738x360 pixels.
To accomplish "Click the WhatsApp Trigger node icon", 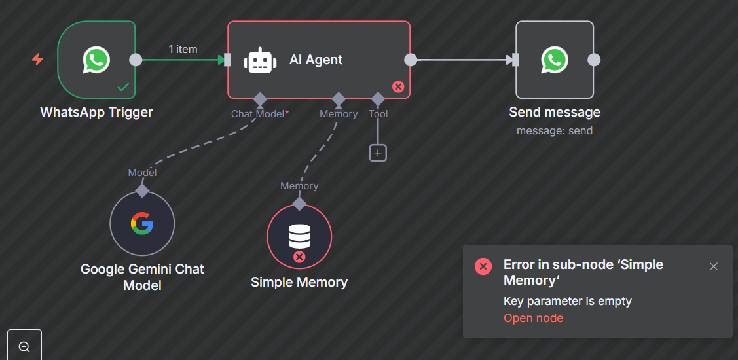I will (96, 60).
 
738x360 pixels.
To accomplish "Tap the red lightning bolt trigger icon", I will (38, 60).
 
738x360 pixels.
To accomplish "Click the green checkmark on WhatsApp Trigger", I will (122, 86).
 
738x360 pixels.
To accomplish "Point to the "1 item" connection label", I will (183, 49).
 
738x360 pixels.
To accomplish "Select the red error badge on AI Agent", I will (398, 86).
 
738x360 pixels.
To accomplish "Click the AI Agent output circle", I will (411, 60).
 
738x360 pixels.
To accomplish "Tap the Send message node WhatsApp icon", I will (554, 60).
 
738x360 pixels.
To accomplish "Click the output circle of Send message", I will (594, 60).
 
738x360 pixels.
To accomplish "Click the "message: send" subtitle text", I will (554, 130).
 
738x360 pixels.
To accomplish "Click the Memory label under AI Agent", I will (339, 113).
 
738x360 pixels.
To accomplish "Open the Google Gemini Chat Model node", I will (142, 223).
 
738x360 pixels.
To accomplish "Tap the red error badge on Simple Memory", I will (299, 257).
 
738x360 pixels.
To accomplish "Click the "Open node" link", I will (533, 318).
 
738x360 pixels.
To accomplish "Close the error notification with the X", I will (714, 266).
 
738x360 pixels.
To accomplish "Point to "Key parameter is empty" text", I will (567, 301).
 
